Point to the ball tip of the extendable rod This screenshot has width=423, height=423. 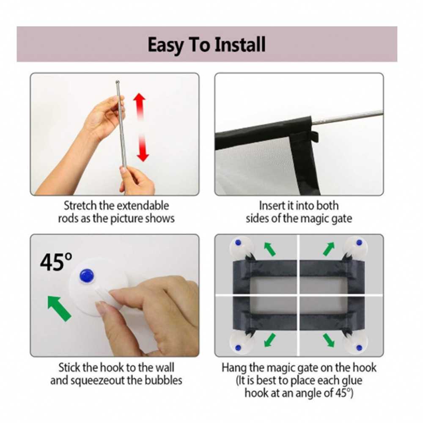(117, 82)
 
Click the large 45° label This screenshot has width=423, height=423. (56, 262)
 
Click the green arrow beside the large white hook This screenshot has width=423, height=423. (59, 308)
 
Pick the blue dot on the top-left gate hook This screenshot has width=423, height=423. (238, 242)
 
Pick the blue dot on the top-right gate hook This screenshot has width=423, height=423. (359, 242)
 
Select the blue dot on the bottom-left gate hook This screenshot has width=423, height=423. (238, 347)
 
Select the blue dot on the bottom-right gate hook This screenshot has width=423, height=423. (359, 347)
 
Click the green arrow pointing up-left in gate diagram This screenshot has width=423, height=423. (269, 249)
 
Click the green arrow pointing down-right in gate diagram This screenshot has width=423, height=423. (329, 340)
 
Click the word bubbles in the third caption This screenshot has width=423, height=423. (163, 380)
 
